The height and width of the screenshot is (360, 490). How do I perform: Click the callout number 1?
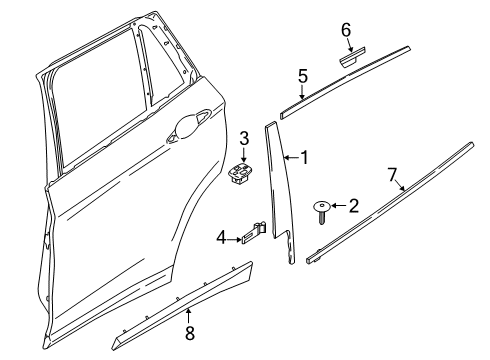(x=304, y=157)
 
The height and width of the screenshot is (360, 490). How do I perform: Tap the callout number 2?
(x=354, y=206)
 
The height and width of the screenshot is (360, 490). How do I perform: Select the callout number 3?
(x=244, y=138)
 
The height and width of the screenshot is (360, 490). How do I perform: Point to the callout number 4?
(x=221, y=238)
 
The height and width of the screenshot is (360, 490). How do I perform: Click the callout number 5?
(x=303, y=76)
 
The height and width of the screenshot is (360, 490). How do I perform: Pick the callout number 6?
(x=346, y=30)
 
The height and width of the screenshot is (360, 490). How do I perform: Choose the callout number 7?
(x=392, y=175)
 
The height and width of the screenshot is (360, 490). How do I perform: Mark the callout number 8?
(x=190, y=332)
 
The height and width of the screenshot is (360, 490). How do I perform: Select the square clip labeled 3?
(x=240, y=174)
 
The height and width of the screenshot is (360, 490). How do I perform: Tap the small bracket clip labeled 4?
(x=254, y=233)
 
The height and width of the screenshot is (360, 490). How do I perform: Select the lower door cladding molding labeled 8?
(x=183, y=307)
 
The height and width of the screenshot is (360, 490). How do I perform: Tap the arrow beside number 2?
(x=339, y=206)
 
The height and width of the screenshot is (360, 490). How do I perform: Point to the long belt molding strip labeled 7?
(x=390, y=203)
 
